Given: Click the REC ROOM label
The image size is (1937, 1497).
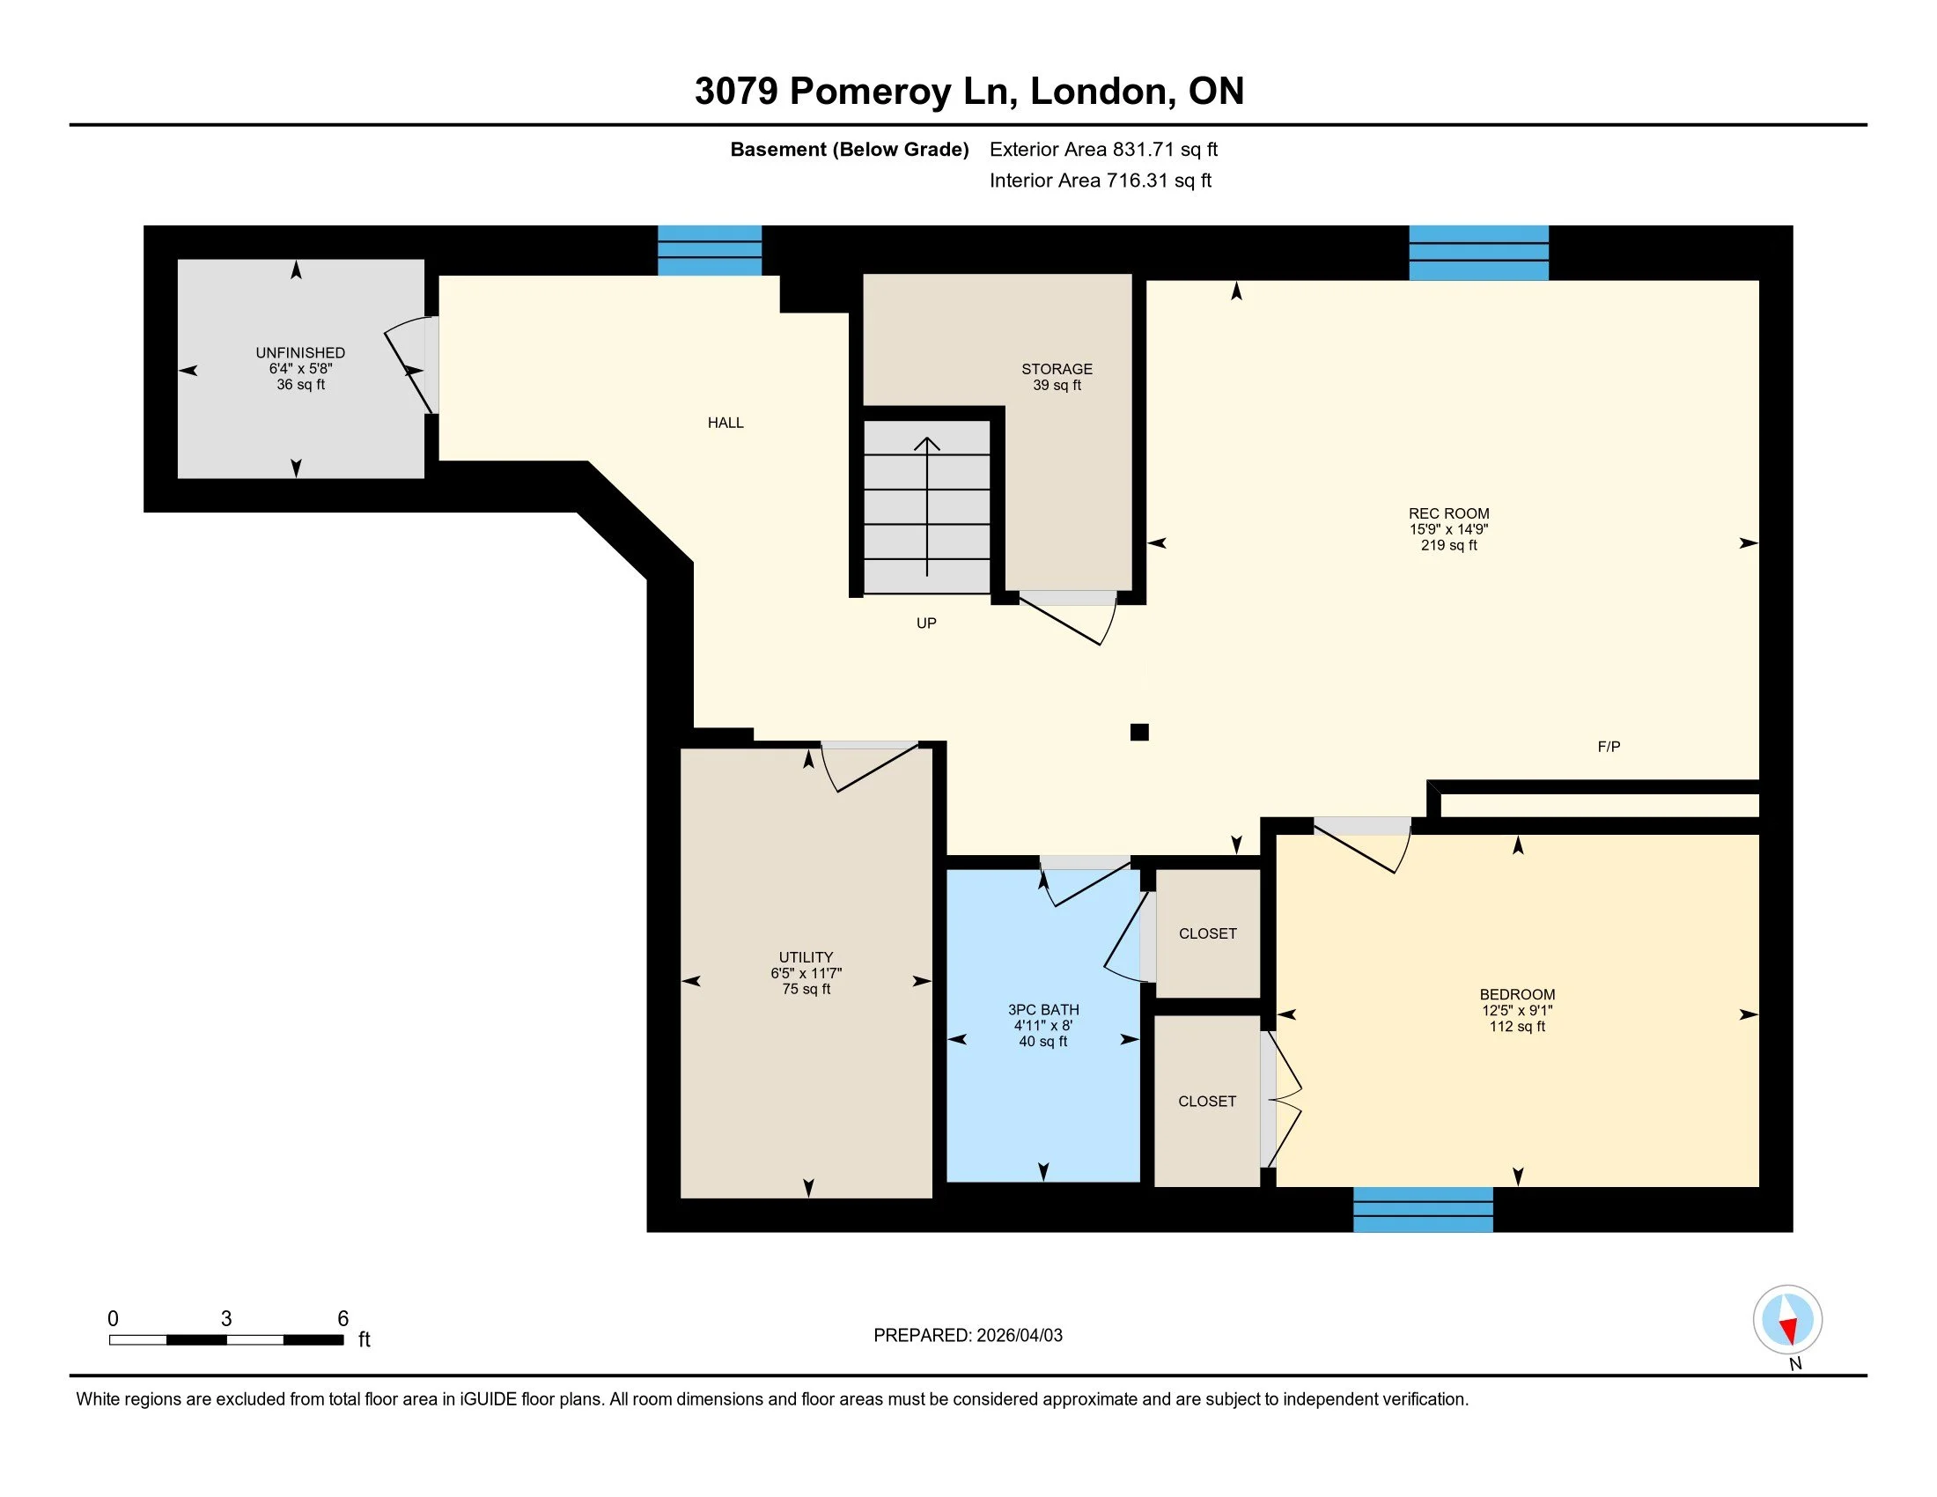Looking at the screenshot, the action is (x=1448, y=513).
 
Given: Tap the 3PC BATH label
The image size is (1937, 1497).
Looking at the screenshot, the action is (x=1043, y=1009).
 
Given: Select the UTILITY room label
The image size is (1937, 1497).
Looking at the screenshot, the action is (x=806, y=957).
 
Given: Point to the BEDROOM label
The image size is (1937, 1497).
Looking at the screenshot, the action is (x=1517, y=994).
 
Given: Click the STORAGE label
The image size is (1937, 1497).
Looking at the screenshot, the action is (x=1057, y=369).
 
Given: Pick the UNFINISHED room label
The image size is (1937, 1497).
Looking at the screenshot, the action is (x=299, y=353).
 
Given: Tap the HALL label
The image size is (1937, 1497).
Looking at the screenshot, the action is (x=725, y=423).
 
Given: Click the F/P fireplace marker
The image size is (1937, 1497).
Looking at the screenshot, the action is (x=1608, y=747).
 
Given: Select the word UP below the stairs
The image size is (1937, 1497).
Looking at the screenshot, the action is (x=926, y=623).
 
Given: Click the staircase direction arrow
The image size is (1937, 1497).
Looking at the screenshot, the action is (x=927, y=506).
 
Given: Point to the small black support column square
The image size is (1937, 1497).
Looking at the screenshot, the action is (x=1139, y=732).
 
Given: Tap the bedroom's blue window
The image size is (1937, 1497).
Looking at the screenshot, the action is (x=1423, y=1209).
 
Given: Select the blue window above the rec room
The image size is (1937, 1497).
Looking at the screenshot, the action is (x=1478, y=253).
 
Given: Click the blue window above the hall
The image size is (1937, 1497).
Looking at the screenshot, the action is (x=709, y=250).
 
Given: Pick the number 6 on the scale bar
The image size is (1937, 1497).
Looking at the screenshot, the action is (x=343, y=1319).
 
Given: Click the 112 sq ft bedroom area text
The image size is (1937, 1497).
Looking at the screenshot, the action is (x=1517, y=1026).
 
